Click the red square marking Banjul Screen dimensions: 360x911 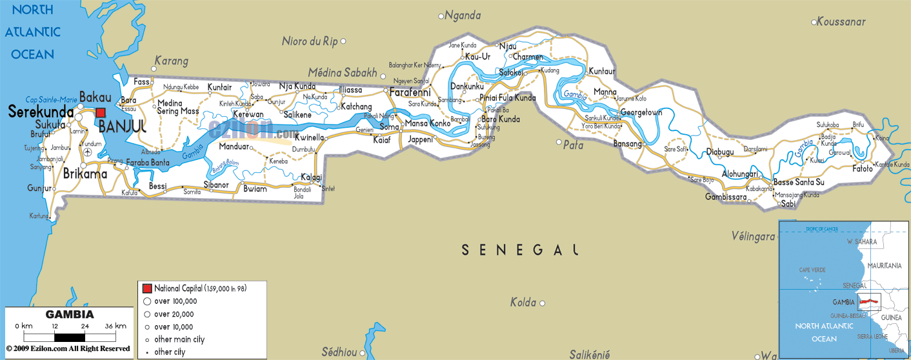[x=101, y=112]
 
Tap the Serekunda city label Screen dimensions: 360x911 [x=41, y=112]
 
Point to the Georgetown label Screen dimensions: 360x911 [x=641, y=113]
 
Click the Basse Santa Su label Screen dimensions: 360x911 [x=799, y=183]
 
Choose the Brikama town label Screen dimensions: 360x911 [x=85, y=174]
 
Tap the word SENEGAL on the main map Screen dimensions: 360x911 [x=519, y=250]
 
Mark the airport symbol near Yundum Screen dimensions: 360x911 [x=88, y=152]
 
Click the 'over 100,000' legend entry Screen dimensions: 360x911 [x=174, y=301]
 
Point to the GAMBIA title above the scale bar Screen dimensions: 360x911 [x=70, y=315]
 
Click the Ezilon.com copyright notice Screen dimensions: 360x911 [x=68, y=349]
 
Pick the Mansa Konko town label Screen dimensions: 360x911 [x=426, y=123]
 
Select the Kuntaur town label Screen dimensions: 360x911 [x=602, y=71]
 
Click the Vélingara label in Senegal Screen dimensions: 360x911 [x=753, y=236]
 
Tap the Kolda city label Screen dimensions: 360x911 [x=524, y=302]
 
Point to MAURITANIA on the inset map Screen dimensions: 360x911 [x=885, y=265]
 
